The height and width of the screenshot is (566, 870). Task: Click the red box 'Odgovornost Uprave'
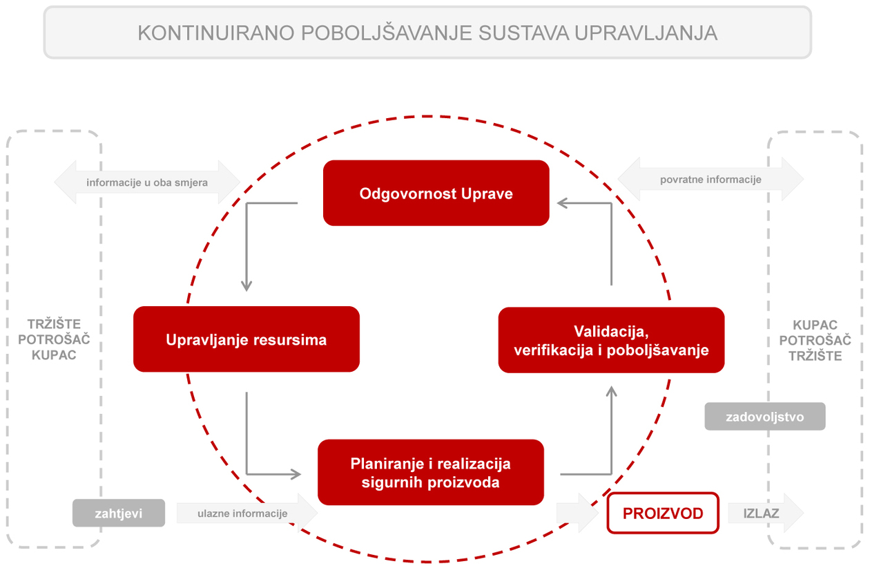(436, 193)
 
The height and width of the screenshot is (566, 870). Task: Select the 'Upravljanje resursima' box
(246, 339)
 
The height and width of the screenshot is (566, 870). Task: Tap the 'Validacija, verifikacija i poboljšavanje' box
(611, 340)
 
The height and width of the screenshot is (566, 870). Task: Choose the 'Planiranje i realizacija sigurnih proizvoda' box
(431, 472)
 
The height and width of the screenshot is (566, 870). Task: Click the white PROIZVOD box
(663, 513)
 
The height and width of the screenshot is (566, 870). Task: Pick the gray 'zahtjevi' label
(119, 513)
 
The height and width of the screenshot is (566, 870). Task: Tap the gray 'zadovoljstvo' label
(765, 416)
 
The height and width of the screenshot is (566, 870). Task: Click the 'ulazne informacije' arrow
(247, 513)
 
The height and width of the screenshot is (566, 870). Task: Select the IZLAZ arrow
(766, 513)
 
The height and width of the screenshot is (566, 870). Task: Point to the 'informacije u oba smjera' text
(147, 182)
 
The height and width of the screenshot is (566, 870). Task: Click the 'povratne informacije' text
(710, 180)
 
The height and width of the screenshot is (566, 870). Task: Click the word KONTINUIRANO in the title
(216, 33)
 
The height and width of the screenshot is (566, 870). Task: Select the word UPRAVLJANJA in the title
(646, 33)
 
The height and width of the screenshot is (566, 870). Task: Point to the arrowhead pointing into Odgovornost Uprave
(562, 203)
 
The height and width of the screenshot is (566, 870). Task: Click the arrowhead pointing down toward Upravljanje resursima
(246, 285)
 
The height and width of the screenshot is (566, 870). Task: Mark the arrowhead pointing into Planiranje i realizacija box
(296, 474)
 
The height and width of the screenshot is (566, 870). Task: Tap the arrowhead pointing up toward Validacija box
(612, 392)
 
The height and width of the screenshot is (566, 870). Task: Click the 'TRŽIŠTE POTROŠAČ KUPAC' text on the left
(54, 339)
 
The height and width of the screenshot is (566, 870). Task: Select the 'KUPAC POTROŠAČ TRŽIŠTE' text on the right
(815, 340)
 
